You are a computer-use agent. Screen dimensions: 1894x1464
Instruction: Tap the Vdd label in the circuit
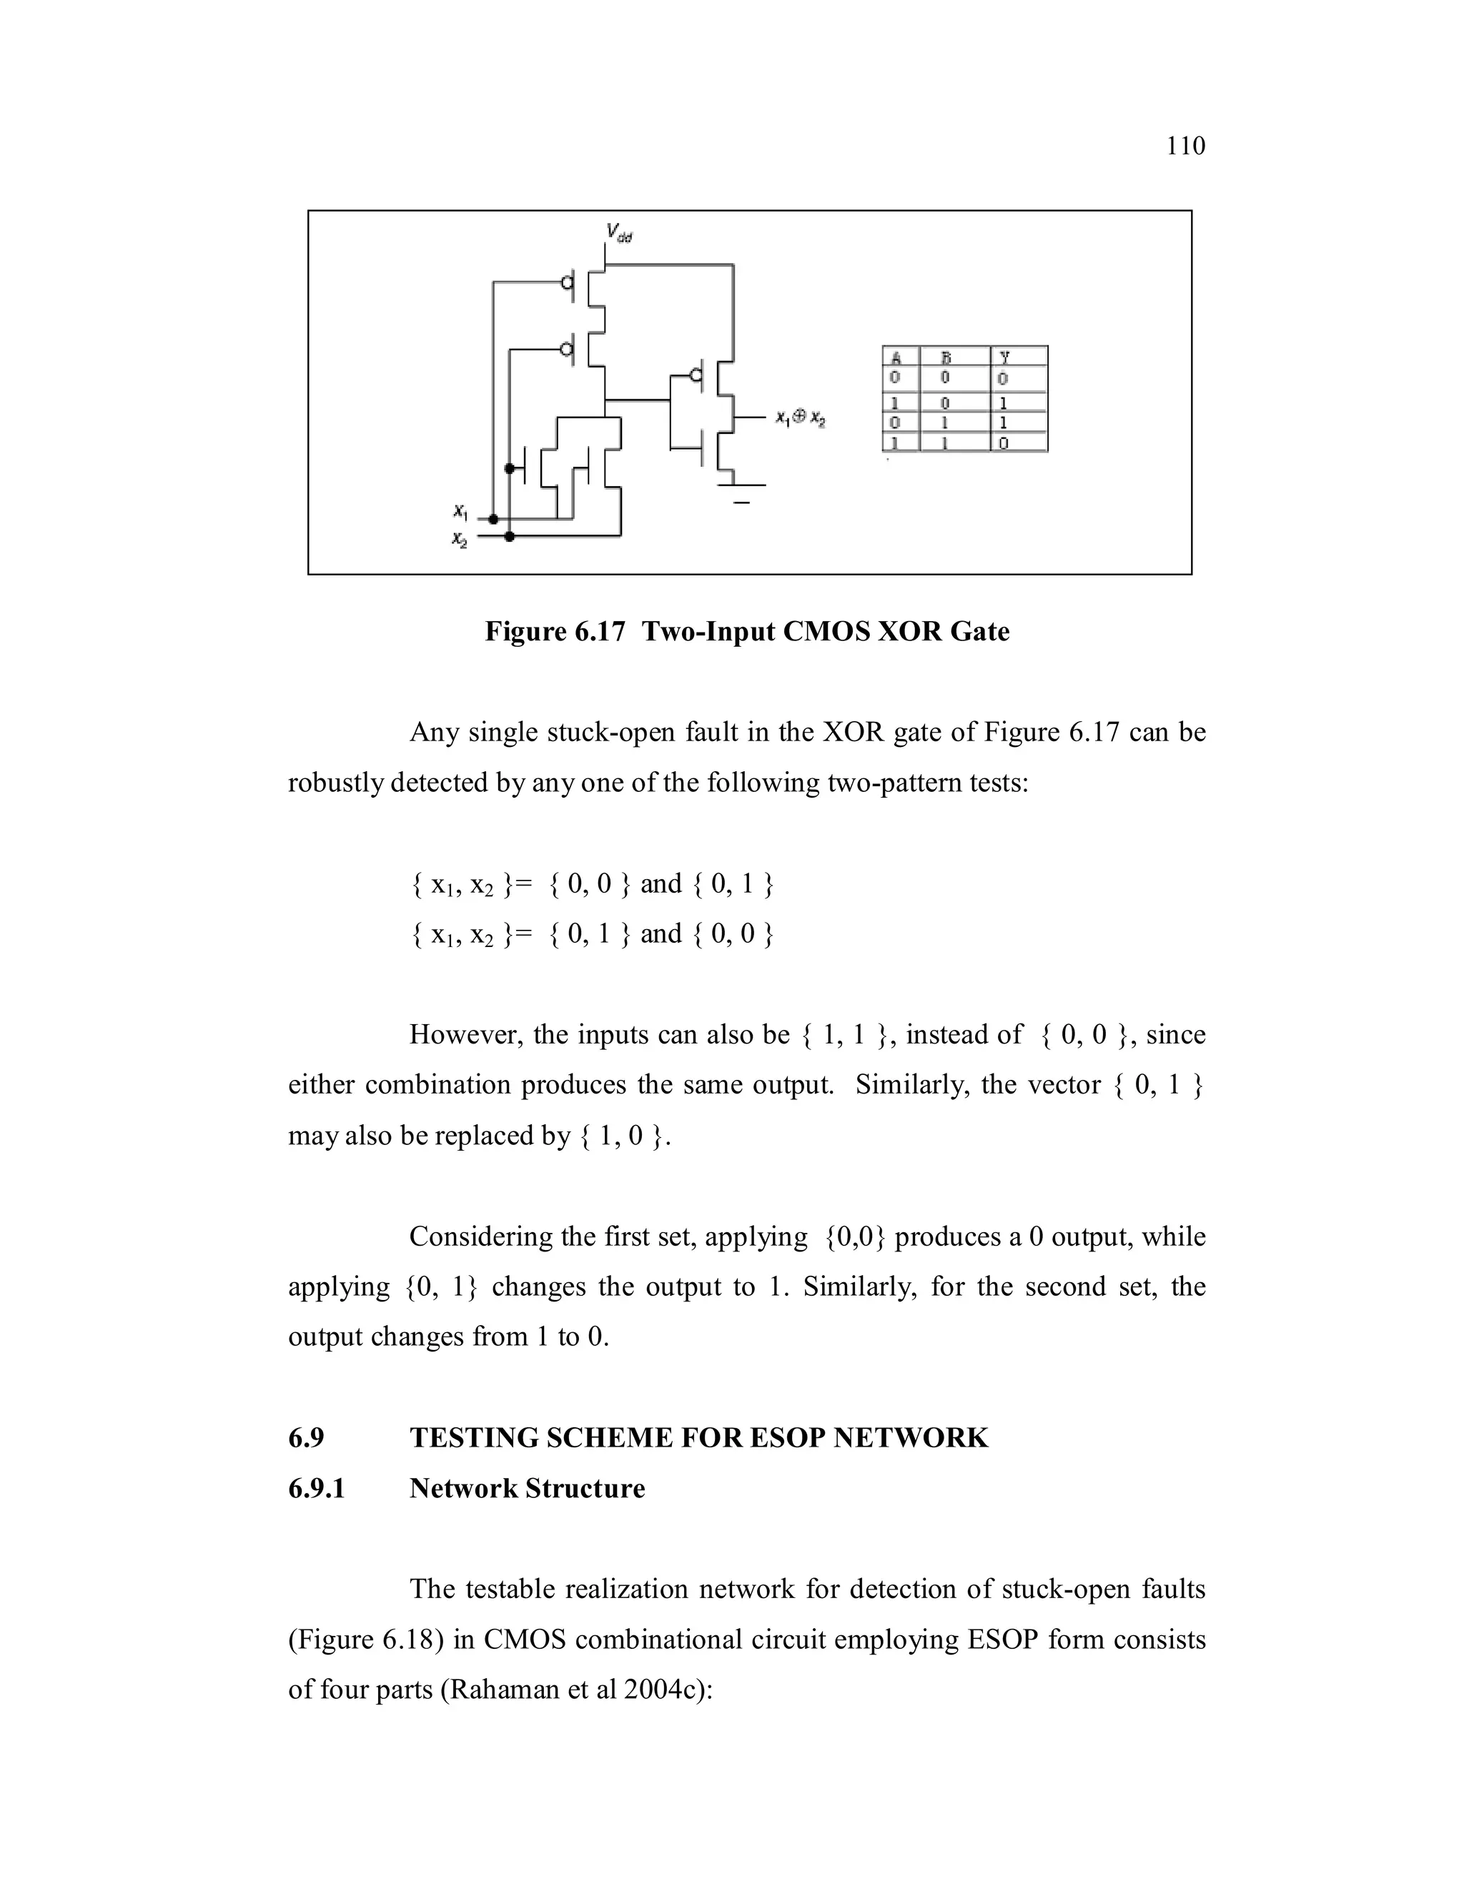click(618, 232)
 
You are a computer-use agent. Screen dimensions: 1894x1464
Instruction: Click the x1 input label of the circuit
click(460, 512)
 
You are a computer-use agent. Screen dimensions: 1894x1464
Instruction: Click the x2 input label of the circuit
click(460, 539)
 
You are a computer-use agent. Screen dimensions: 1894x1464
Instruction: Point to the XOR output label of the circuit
click(801, 419)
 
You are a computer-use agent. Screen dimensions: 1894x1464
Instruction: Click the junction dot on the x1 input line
click(493, 520)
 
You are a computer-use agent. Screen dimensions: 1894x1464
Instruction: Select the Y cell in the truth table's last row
click(1004, 443)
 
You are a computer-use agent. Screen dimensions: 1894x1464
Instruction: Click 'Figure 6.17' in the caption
click(554, 631)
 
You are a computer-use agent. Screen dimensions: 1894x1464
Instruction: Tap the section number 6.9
click(306, 1438)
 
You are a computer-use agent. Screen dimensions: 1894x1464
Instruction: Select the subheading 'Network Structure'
click(528, 1488)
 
